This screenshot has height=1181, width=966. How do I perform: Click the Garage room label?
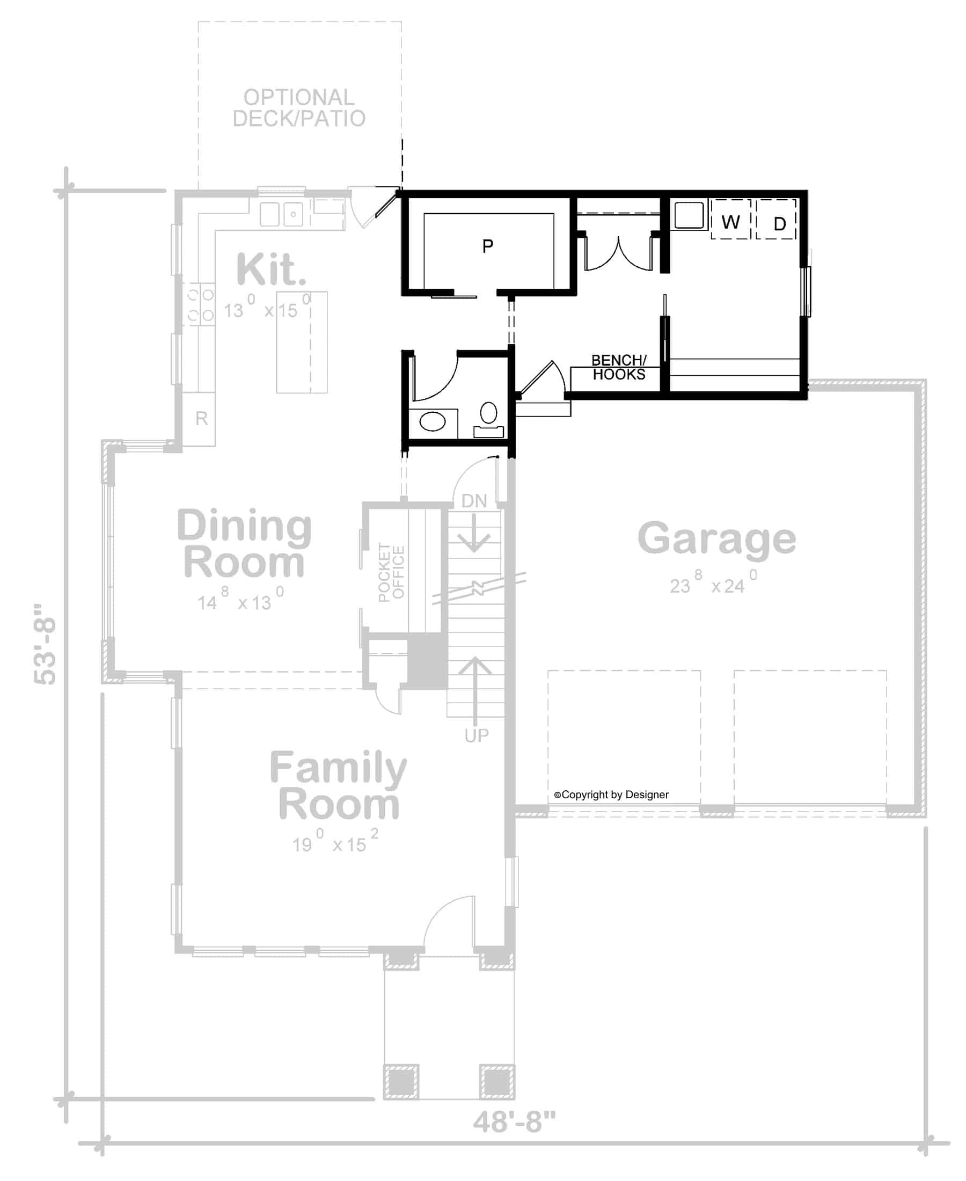[716, 539]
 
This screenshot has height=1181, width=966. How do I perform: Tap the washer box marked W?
[730, 222]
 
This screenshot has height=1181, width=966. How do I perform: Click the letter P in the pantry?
[487, 245]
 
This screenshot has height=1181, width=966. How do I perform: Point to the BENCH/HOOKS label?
[618, 367]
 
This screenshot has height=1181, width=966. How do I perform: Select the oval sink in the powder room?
[433, 421]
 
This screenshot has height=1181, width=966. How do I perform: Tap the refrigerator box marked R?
[201, 418]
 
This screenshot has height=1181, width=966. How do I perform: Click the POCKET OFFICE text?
[391, 572]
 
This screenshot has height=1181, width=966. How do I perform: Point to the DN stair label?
[474, 500]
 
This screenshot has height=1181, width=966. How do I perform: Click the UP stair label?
[477, 735]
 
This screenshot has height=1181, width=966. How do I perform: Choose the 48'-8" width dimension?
[514, 1121]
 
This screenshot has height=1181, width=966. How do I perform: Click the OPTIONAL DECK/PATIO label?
[299, 108]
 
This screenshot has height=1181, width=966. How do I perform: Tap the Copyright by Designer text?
[612, 794]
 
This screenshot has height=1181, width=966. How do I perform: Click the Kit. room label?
[271, 270]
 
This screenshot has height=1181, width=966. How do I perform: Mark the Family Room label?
[338, 785]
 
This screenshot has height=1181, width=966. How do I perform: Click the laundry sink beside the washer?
[689, 215]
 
